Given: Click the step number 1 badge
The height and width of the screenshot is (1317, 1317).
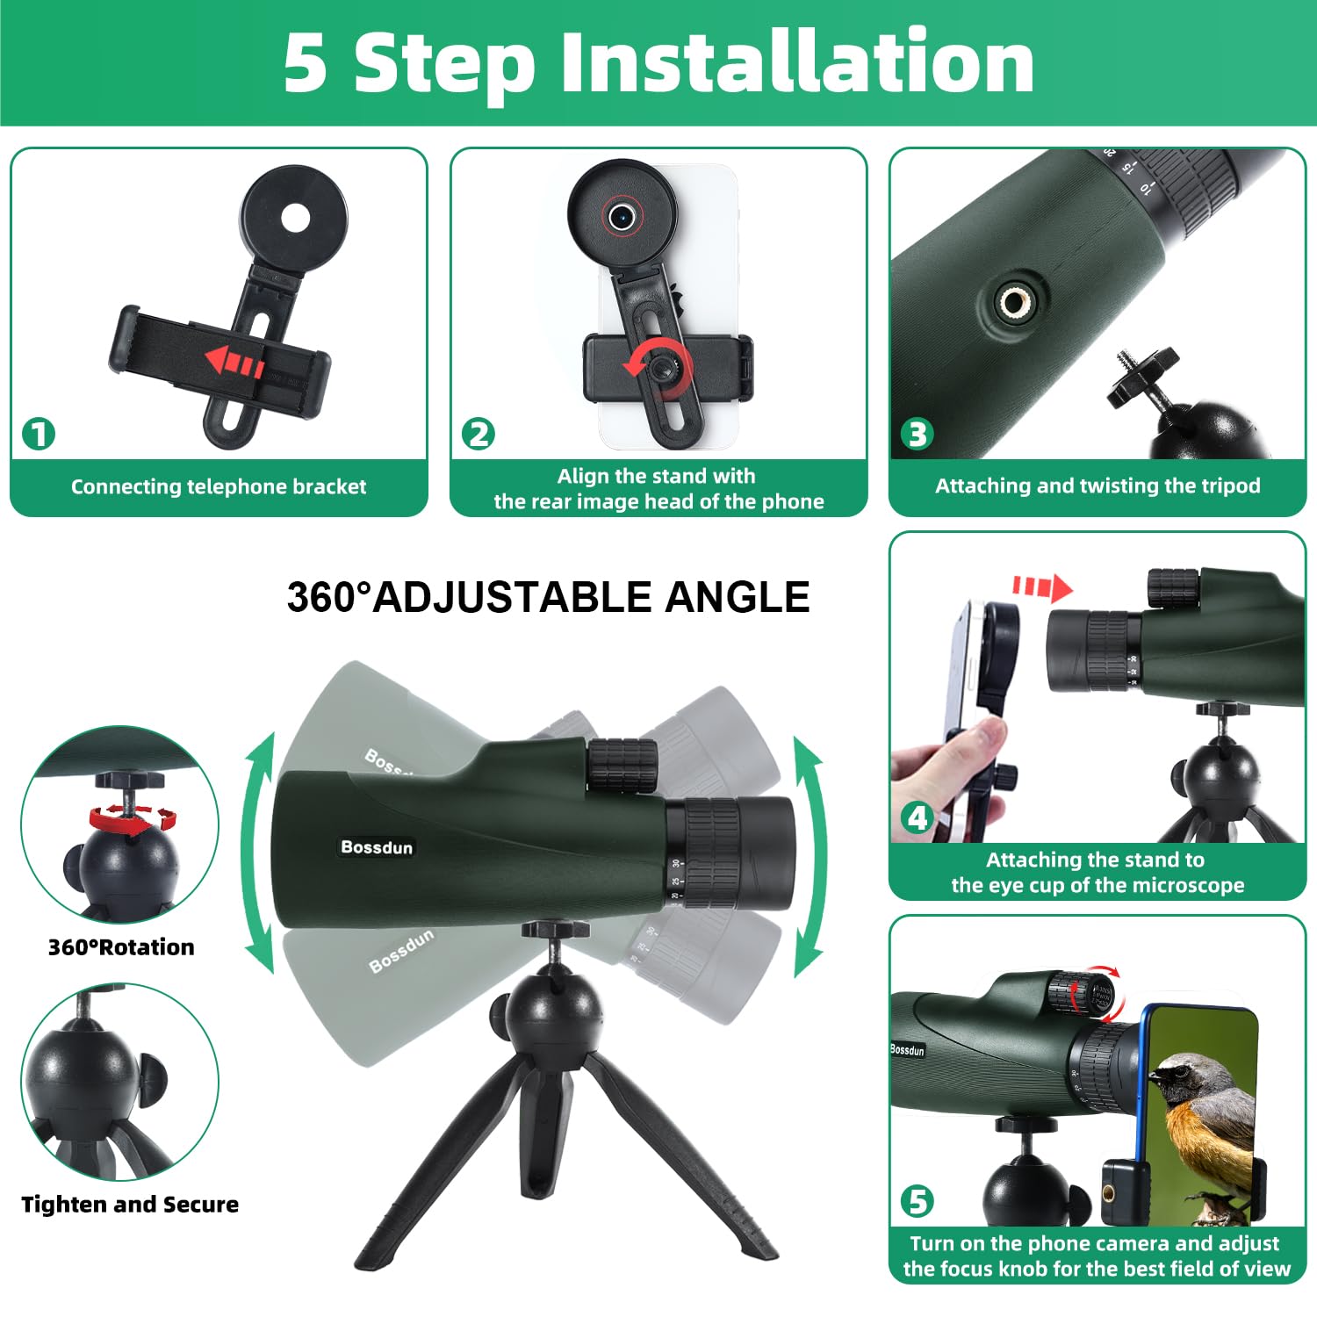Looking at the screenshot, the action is click(39, 434).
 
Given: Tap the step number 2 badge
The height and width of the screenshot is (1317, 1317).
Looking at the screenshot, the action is click(479, 434).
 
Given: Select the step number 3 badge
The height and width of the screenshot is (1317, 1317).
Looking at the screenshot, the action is click(918, 434).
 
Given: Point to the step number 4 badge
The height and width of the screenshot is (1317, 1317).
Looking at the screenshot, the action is click(918, 818).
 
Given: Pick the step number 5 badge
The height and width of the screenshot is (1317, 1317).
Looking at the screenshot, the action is click(918, 1201).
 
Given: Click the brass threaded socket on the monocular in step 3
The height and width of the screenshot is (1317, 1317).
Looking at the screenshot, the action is click(1016, 303).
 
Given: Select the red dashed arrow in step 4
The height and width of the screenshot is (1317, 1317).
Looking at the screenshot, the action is click(1042, 587).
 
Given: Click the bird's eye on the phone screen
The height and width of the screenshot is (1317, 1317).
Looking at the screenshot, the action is click(1175, 1072).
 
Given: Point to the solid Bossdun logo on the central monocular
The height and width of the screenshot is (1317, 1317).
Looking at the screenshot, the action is click(377, 847).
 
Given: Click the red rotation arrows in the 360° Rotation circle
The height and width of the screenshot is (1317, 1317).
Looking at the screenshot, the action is click(133, 819).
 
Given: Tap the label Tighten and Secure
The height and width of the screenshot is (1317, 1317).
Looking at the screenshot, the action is click(130, 1205).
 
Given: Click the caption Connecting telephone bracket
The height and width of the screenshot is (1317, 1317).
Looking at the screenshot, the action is click(219, 486).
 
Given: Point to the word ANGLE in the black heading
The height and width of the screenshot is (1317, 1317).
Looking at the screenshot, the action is click(738, 598).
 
